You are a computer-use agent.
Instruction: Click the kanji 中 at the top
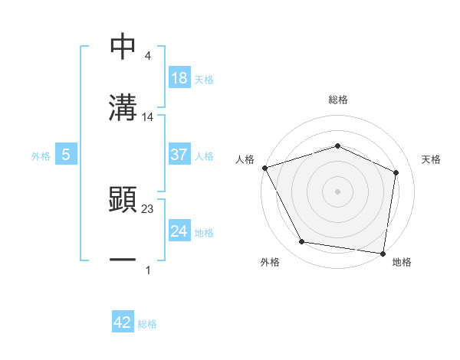pyautogui.click(x=123, y=47)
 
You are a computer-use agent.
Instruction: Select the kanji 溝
pyautogui.click(x=123, y=106)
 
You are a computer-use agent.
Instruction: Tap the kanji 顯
pyautogui.click(x=123, y=199)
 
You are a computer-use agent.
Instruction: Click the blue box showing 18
pyautogui.click(x=179, y=79)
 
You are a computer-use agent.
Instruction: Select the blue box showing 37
pyautogui.click(x=179, y=155)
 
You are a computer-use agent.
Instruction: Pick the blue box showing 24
pyautogui.click(x=179, y=231)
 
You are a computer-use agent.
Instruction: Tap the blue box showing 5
pyautogui.click(x=66, y=155)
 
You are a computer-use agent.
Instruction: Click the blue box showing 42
pyautogui.click(x=123, y=322)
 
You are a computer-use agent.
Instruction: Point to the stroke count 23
pyautogui.click(x=148, y=208)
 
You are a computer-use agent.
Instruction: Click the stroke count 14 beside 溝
pyautogui.click(x=148, y=117)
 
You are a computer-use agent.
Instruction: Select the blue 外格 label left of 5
pyautogui.click(x=41, y=155)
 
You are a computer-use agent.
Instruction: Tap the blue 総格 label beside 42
pyautogui.click(x=147, y=324)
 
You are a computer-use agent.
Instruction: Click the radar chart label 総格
pyautogui.click(x=338, y=100)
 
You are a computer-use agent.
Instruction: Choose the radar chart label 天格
pyautogui.click(x=432, y=159)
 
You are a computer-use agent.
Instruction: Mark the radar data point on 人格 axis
pyautogui.click(x=264, y=167)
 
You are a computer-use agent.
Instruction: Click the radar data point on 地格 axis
pyautogui.click(x=383, y=253)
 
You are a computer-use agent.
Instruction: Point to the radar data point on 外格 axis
pyautogui.click(x=302, y=242)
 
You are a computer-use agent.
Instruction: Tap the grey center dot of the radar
pyautogui.click(x=338, y=191)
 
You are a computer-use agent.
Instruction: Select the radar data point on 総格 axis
pyautogui.click(x=338, y=146)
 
